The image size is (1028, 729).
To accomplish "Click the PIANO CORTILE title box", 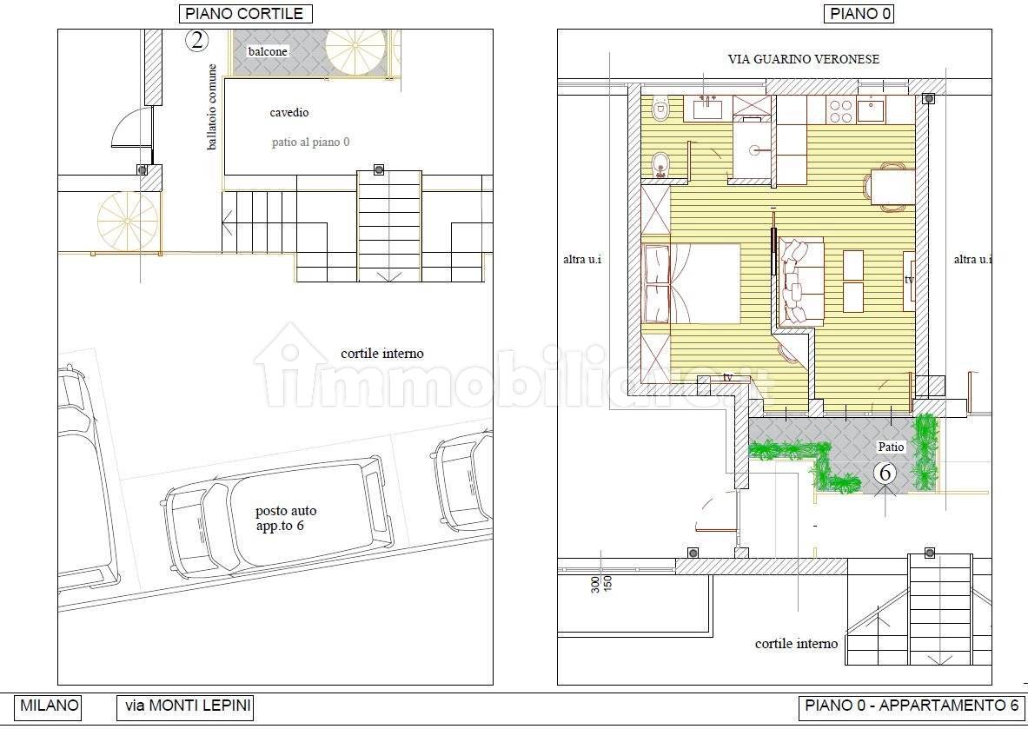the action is (245, 14).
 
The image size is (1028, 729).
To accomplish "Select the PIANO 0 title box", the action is (859, 14).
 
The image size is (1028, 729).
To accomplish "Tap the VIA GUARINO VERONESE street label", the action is (803, 59).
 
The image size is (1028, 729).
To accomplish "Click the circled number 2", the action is (196, 41).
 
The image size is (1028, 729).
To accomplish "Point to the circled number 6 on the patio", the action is (885, 474).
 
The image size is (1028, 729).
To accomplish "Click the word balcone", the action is (268, 51).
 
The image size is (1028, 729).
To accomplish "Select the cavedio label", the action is (289, 113).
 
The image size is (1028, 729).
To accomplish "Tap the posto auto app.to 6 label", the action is (285, 519).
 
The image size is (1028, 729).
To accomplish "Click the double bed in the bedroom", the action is (691, 284).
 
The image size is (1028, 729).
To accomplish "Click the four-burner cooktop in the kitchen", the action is (839, 110).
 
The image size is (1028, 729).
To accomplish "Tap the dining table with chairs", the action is (890, 188).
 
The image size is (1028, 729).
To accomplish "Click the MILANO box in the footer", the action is (49, 706).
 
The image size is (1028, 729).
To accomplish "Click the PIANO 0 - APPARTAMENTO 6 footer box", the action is (912, 706).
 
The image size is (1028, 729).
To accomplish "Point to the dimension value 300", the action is (595, 585).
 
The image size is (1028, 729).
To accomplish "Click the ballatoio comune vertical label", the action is (212, 107).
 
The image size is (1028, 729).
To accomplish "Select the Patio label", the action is (891, 447).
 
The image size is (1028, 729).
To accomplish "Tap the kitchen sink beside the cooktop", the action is (871, 109).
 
